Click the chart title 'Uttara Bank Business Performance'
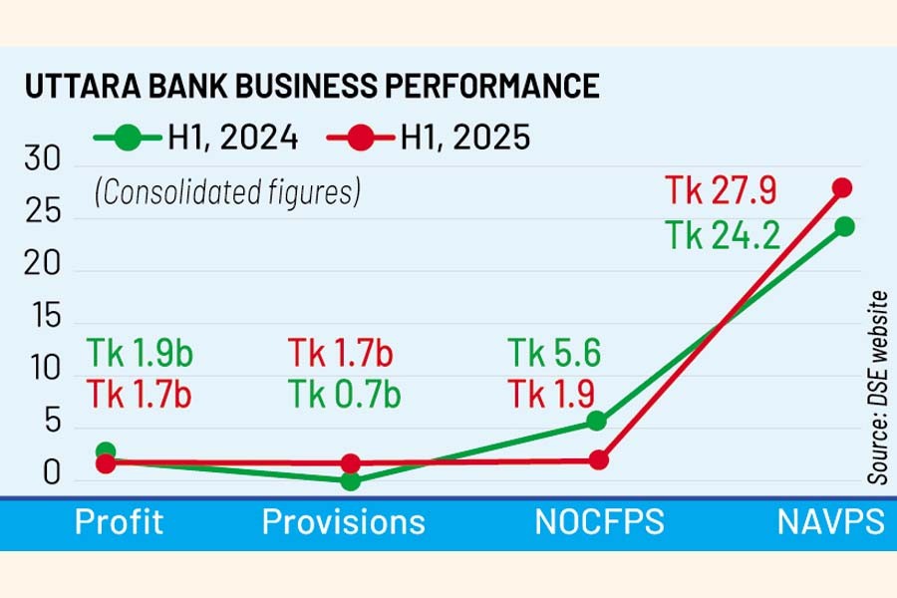(x=312, y=87)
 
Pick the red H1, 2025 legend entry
(x=428, y=138)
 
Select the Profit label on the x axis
(x=119, y=522)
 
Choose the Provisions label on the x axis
(x=343, y=522)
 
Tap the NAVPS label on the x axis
(x=829, y=522)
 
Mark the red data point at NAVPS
(x=843, y=187)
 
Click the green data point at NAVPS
(x=844, y=226)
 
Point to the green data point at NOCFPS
(x=596, y=421)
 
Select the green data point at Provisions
(x=350, y=481)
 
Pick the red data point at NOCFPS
(x=598, y=459)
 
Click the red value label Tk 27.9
(x=721, y=189)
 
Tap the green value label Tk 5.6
(x=555, y=353)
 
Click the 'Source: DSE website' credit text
(x=877, y=389)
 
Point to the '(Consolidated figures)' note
(x=227, y=191)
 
